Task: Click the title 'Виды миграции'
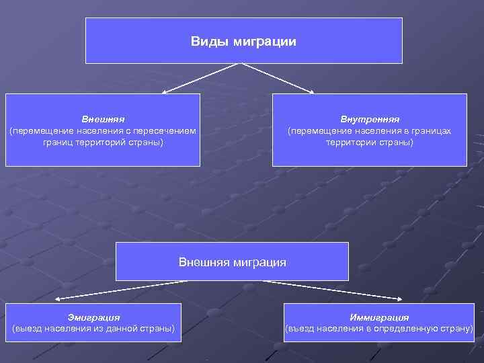(x=243, y=42)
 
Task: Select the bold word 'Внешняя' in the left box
(x=103, y=119)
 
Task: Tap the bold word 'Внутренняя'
(x=369, y=119)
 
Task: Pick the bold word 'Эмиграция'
(x=93, y=317)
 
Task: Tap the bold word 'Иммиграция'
(x=379, y=317)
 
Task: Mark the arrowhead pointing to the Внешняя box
(x=164, y=91)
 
